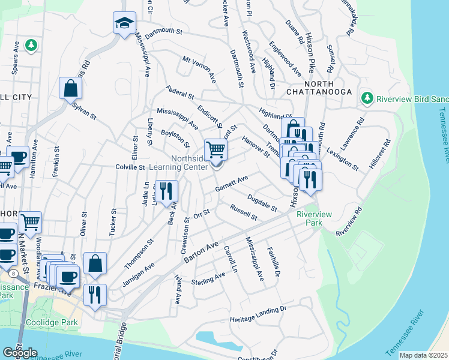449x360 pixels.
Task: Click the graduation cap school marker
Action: click(124, 24)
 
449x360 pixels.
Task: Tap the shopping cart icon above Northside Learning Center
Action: click(216, 149)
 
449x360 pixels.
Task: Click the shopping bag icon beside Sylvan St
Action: click(70, 88)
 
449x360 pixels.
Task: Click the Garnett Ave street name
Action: click(232, 183)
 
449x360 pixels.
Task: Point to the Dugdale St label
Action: click(261, 203)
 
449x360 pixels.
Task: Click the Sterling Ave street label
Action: click(208, 278)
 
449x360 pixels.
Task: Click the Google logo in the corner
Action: click(20, 353)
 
